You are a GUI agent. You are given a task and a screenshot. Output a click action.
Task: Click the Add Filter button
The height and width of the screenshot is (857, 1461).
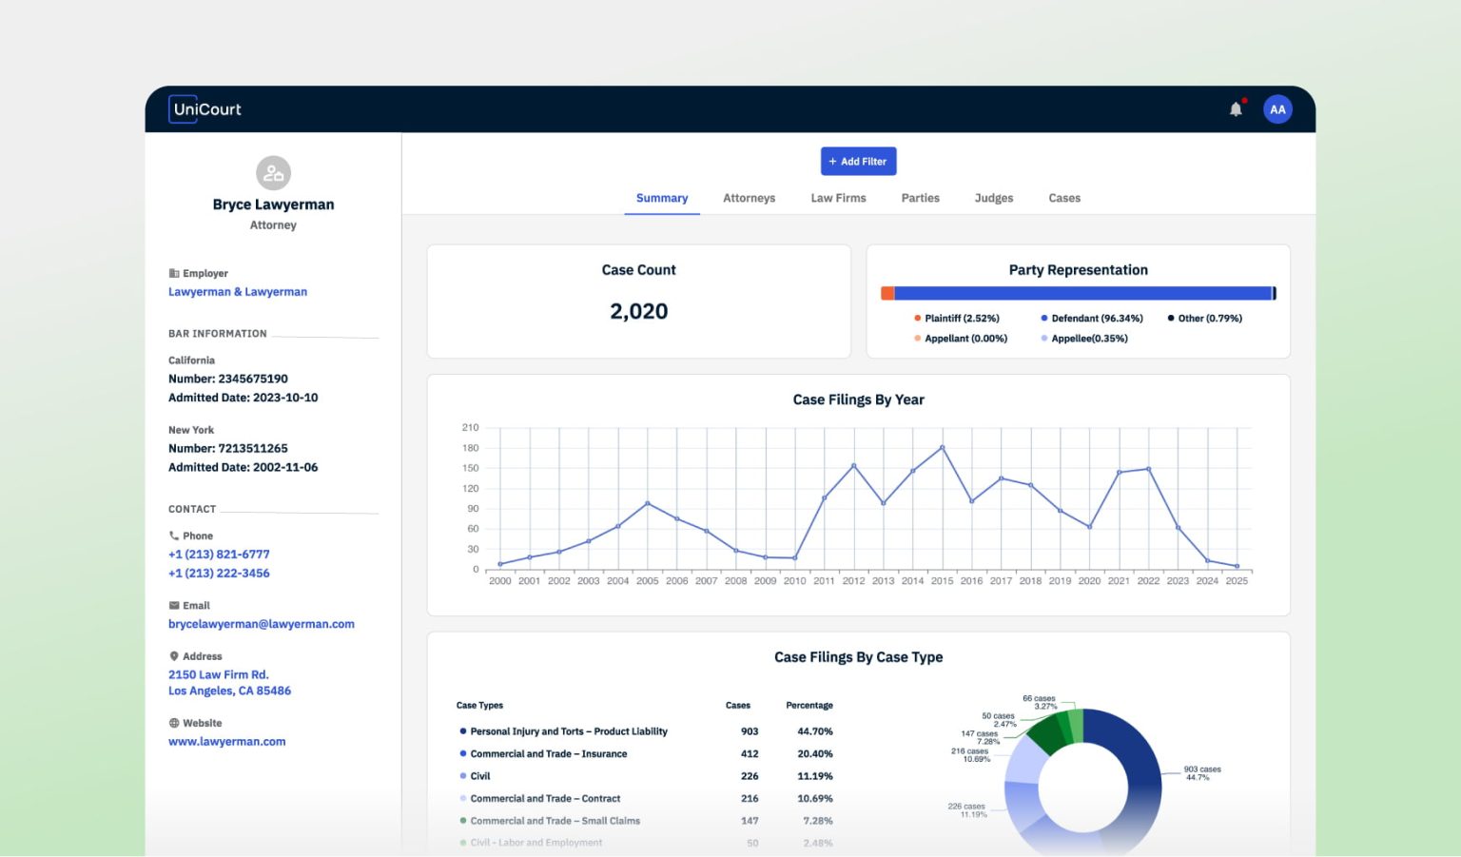858,162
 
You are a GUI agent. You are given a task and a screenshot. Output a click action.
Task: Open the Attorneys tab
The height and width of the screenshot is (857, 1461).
749,198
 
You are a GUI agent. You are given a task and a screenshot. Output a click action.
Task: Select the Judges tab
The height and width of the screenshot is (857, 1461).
993,198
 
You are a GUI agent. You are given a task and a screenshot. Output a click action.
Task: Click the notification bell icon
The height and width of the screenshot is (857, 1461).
1236,109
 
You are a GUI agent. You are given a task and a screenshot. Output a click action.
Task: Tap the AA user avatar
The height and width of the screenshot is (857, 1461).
1277,109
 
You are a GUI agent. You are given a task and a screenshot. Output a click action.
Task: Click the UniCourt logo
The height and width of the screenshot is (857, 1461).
205,109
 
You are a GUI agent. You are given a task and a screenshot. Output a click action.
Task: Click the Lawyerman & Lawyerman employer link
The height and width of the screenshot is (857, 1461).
238,292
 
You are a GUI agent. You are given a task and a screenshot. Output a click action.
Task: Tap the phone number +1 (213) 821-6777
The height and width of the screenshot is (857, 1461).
219,555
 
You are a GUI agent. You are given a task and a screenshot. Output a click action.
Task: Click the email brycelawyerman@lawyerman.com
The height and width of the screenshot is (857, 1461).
262,624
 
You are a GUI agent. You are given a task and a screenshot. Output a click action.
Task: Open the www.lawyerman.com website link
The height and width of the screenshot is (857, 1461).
227,742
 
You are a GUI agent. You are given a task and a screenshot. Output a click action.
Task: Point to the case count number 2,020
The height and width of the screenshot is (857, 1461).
638,311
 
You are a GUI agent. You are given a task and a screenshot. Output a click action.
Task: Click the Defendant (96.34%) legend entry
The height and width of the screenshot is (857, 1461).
1096,319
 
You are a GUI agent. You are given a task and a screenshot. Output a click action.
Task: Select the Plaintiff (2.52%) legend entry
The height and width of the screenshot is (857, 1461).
961,319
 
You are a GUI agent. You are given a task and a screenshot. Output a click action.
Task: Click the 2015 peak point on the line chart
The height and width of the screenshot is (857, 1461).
942,447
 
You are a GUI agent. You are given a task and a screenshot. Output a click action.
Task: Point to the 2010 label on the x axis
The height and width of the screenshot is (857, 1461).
794,581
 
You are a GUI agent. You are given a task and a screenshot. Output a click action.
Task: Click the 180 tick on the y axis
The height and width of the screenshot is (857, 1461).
470,448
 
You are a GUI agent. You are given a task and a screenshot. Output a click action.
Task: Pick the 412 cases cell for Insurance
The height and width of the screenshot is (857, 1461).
750,754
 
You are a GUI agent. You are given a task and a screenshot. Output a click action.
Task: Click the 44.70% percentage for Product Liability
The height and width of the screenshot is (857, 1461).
814,731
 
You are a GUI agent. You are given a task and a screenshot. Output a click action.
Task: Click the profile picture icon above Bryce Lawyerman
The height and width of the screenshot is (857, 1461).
273,173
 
